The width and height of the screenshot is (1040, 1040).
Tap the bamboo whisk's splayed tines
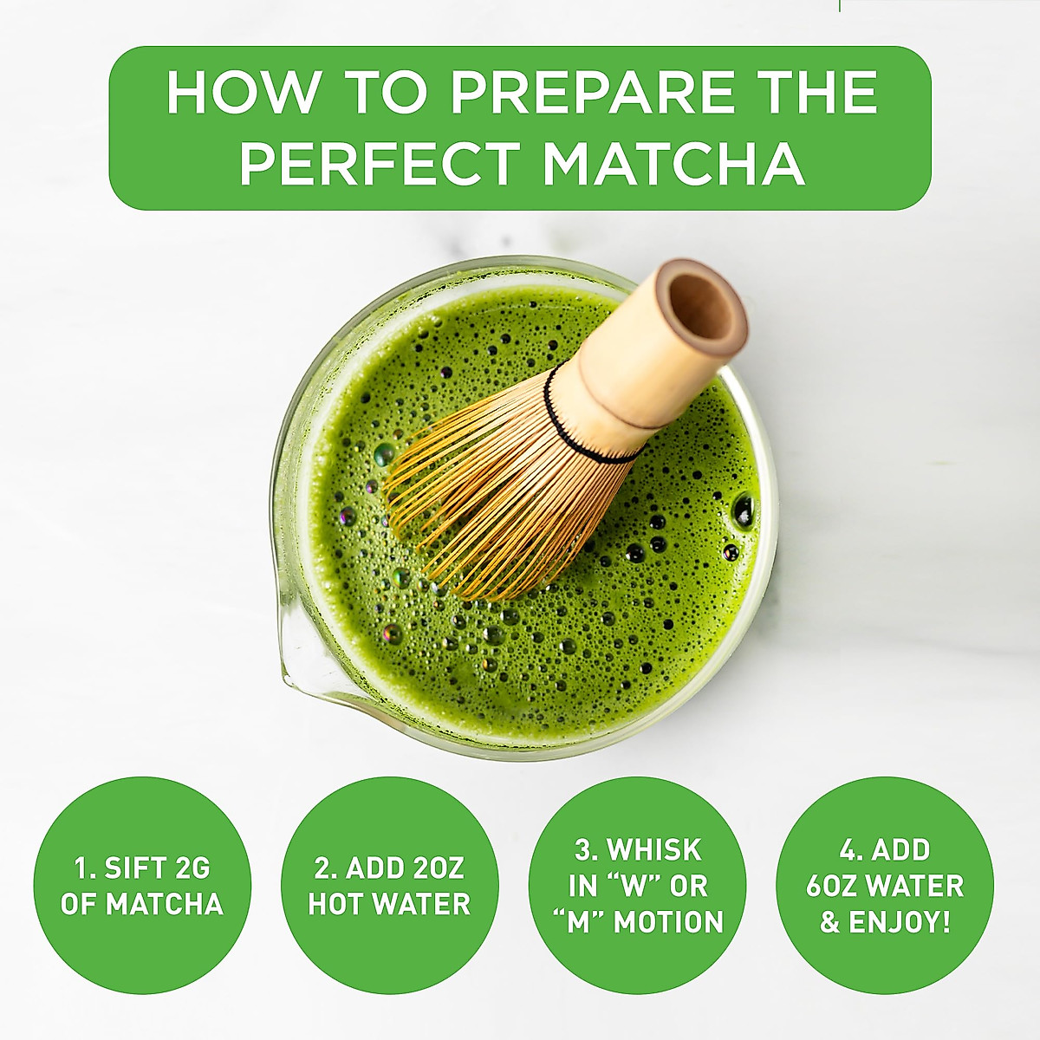(x=485, y=503)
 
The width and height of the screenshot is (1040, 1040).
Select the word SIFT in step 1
(x=138, y=868)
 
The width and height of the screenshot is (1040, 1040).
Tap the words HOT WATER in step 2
(x=389, y=905)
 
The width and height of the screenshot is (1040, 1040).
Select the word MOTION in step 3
(x=668, y=922)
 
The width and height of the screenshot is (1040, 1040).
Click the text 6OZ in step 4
(x=835, y=886)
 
